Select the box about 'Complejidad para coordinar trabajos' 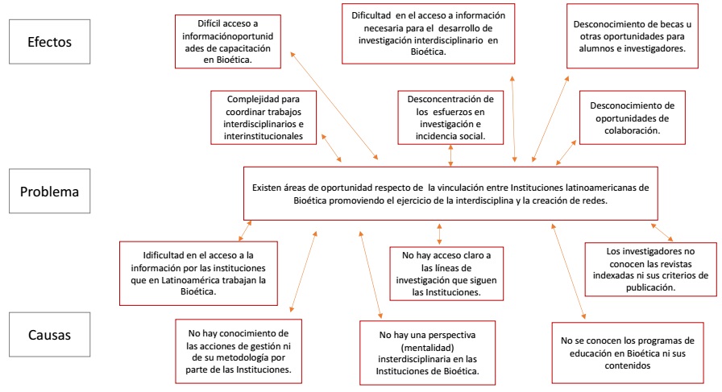(263, 117)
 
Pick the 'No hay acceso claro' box (440, 274)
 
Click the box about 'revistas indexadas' (649, 269)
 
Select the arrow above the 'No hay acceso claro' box (439, 233)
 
